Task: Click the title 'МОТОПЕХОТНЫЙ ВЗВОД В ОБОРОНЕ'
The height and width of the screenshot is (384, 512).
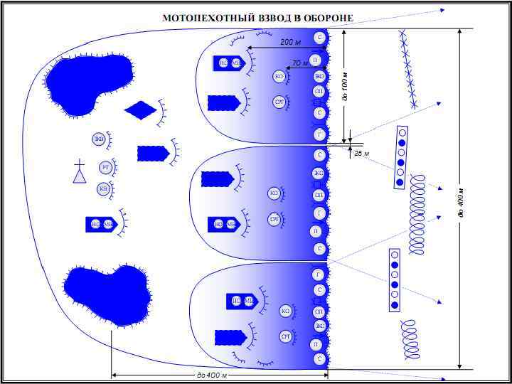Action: point(257,18)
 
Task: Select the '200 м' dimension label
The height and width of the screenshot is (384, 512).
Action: point(290,43)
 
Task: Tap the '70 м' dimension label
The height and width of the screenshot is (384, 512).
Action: point(300,63)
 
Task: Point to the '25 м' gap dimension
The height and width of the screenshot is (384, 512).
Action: point(361,153)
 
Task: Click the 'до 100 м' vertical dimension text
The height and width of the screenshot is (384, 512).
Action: point(346,86)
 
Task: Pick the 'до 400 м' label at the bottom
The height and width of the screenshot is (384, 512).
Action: point(211,375)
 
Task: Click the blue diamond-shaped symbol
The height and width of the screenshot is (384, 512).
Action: point(140,110)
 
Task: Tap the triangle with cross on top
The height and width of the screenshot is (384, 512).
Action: point(80,172)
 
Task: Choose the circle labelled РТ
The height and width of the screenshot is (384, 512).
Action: point(105,168)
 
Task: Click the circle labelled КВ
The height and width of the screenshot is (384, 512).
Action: point(104,188)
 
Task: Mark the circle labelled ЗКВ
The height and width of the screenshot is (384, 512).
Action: point(99,139)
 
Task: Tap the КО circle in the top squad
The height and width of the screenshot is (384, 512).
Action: point(279,75)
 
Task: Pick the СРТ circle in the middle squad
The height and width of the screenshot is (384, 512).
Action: point(274,219)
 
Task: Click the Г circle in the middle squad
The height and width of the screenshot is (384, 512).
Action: point(319,213)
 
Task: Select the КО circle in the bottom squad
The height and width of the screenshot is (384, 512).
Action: point(286,311)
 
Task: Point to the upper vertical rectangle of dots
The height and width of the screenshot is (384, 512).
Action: point(401,157)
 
